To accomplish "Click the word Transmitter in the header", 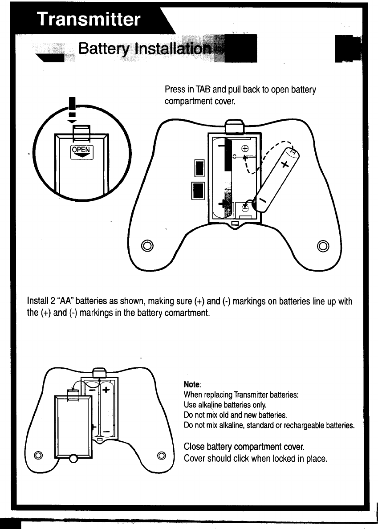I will (88, 19).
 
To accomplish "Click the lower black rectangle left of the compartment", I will (198, 191).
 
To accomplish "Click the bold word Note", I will (192, 384).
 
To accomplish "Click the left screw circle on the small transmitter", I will (39, 455).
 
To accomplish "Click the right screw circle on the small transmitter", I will (162, 455).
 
